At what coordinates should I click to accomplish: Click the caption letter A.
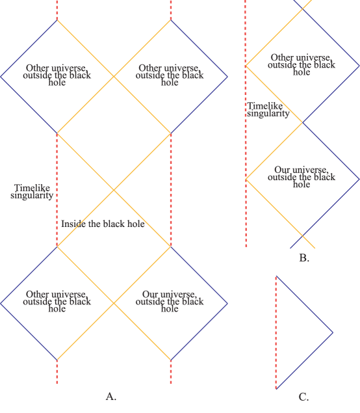110,396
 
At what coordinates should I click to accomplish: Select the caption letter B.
303,258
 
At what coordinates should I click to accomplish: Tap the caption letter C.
303,397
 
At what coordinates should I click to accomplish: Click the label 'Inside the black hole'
103,224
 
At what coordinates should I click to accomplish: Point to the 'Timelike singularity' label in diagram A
32,191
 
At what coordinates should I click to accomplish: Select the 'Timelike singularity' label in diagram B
268,109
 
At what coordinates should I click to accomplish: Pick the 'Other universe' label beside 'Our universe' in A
57,302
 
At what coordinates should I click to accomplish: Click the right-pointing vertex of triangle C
333,333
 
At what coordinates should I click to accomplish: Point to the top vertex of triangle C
276,276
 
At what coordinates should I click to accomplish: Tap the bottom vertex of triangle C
276,389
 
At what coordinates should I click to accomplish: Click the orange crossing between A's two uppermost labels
114,77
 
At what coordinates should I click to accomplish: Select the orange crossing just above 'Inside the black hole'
114,190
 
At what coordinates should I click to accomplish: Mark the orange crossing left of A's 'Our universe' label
114,302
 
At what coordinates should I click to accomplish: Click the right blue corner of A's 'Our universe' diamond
228,302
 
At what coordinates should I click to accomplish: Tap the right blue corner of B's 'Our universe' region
359,178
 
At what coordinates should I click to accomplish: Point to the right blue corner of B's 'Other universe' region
359,66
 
